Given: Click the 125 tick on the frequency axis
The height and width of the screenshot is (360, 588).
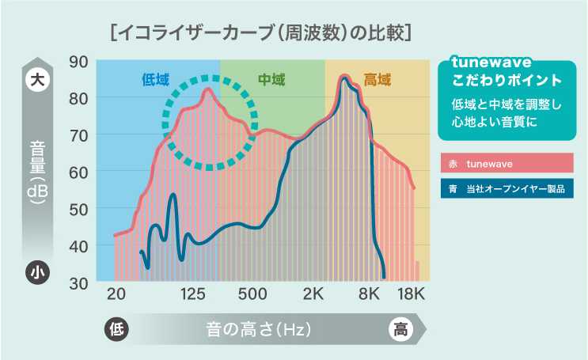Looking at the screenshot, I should [194, 295].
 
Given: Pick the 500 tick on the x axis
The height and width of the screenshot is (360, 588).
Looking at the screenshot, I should [252, 295].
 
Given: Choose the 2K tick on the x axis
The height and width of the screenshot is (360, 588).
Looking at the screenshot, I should [313, 295].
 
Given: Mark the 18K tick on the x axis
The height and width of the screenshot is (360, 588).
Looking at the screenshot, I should [411, 295].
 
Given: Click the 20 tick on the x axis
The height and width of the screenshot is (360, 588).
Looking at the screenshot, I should [116, 295].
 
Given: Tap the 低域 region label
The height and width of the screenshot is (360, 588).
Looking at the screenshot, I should [155, 79].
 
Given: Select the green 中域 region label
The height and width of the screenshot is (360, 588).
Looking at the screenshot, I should [271, 79].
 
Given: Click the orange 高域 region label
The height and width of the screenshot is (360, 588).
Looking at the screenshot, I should [377, 79].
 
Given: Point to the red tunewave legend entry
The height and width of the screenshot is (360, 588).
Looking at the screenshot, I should [506, 164].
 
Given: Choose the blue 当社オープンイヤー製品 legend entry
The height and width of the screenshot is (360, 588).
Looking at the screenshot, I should [506, 190].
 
